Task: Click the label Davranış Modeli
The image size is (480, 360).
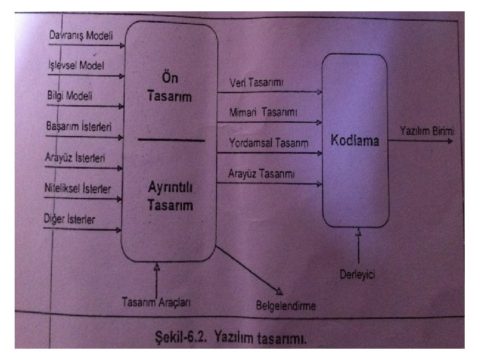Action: (81, 35)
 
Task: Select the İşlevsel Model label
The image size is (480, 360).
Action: (77, 65)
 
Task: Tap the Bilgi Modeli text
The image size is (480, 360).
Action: (70, 95)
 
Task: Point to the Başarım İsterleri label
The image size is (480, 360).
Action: (79, 126)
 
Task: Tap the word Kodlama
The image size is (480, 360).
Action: (355, 141)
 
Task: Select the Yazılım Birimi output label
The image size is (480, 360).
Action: (427, 131)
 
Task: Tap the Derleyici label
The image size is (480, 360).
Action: (359, 273)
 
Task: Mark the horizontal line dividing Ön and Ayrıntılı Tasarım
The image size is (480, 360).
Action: (170, 140)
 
